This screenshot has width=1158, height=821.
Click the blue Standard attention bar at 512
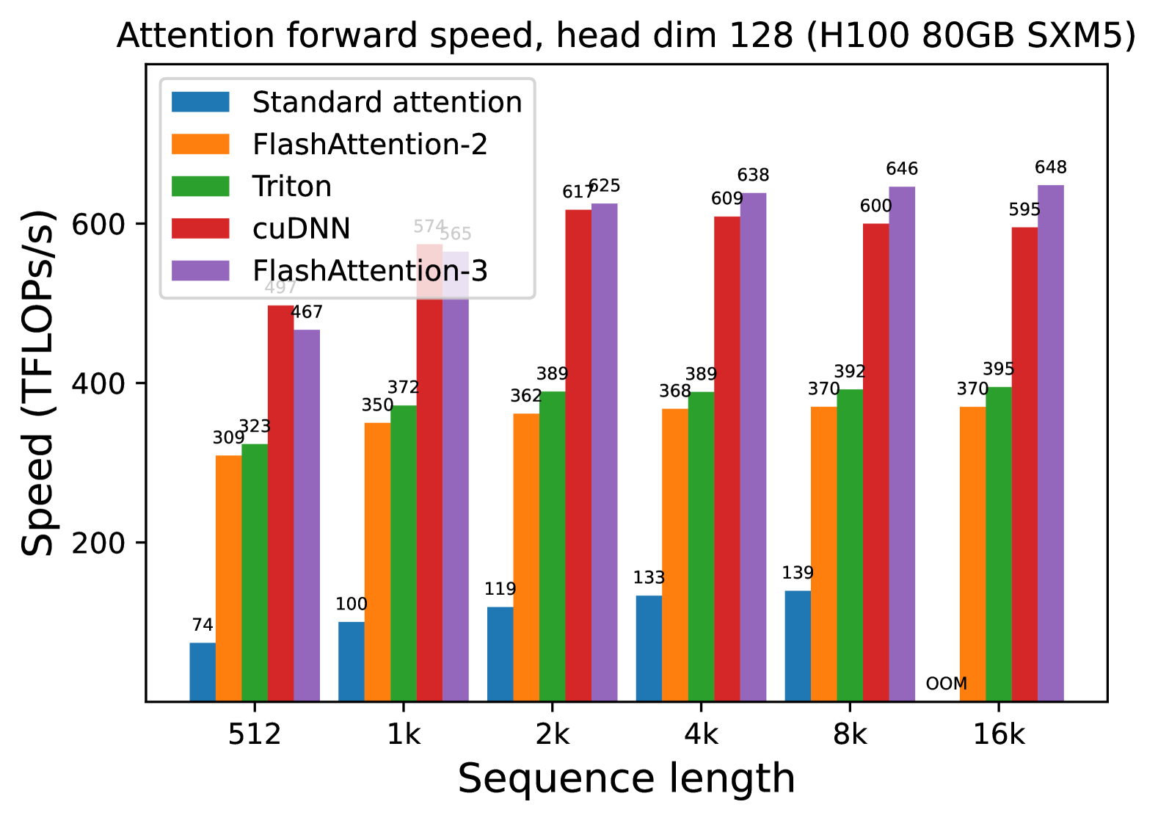203,672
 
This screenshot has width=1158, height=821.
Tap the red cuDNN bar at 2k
578,455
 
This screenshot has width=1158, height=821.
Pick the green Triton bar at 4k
701,546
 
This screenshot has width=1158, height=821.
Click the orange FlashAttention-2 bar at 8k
823,554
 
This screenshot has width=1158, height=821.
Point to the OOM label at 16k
946,684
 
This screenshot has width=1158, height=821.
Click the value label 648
1050,167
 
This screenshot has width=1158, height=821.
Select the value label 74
203,625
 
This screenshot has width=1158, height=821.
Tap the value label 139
798,573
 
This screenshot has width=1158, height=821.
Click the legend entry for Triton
291,187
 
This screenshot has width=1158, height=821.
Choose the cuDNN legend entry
301,228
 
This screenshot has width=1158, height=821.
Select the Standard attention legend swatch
200,102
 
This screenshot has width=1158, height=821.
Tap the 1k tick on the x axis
404,734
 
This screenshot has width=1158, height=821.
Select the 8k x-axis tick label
850,734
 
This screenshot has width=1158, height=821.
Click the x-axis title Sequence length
626,779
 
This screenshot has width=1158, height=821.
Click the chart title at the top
626,35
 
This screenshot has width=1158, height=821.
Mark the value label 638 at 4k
753,175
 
